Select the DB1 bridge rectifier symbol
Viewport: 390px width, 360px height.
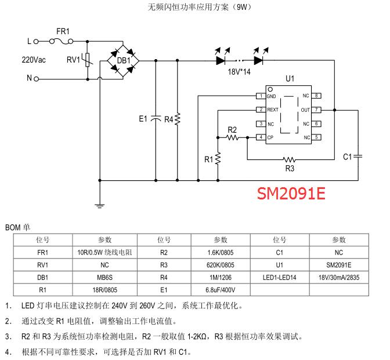[124, 60]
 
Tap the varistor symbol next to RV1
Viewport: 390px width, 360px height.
[88, 60]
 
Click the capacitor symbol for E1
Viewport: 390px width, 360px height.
[156, 119]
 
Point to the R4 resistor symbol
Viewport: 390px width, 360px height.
[178, 119]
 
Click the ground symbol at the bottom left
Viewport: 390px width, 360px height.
[99, 204]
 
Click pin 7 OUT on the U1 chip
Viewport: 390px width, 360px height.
[317, 110]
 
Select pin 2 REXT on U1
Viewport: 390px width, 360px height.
[262, 110]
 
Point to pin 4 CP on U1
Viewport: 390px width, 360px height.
[262, 137]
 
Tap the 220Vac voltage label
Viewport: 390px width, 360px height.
[34, 60]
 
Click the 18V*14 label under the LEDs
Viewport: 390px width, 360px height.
[238, 72]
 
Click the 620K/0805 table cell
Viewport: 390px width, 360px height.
[221, 264]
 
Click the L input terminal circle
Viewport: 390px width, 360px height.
[36, 42]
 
